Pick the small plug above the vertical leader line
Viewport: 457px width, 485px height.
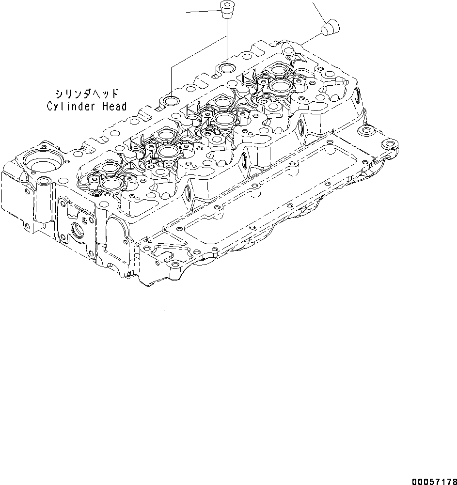pyautogui.click(x=225, y=9)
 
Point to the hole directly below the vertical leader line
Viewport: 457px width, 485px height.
pyautogui.click(x=226, y=66)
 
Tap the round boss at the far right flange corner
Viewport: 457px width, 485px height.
pyautogui.click(x=389, y=145)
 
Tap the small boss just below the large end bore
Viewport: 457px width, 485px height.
pyautogui.click(x=44, y=181)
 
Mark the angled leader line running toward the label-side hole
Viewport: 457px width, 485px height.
pyautogui.click(x=199, y=53)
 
